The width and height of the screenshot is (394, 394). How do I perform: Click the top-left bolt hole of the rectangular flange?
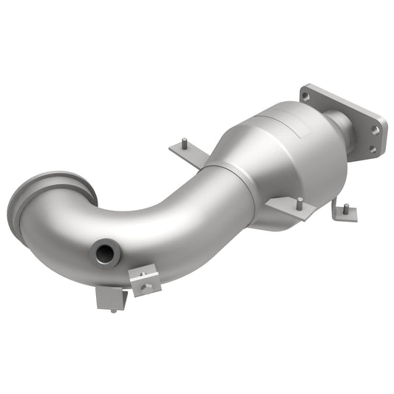pyautogui.click(x=305, y=96)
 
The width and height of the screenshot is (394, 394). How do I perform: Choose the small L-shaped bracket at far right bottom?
pyautogui.click(x=344, y=214)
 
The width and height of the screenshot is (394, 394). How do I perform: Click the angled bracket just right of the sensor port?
pyautogui.click(x=145, y=279)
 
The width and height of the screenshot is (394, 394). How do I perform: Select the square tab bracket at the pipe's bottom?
pyautogui.click(x=111, y=297)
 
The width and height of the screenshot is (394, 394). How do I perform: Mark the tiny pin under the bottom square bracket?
pyautogui.click(x=113, y=311)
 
